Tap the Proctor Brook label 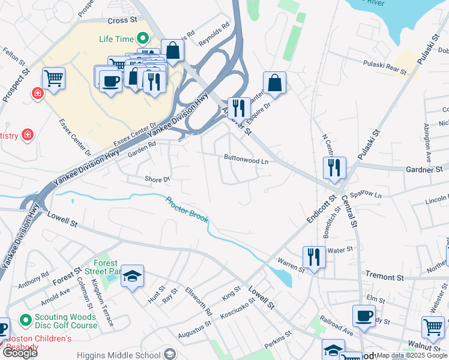click(x=187, y=210)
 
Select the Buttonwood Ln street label click(x=246, y=160)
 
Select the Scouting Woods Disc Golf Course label click(x=58, y=321)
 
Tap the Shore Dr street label click(x=158, y=179)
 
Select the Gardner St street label click(x=424, y=170)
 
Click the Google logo click(x=20, y=353)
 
